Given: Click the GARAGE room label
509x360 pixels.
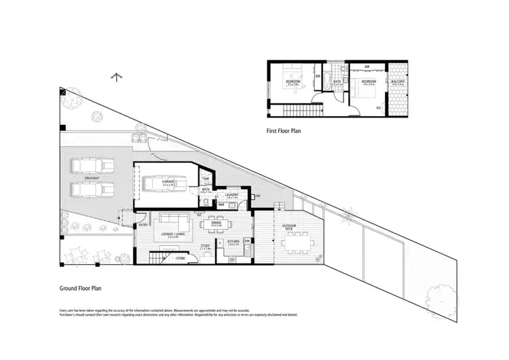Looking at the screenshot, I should pyautogui.click(x=168, y=182).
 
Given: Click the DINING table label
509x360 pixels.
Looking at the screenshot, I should pyautogui.click(x=217, y=222).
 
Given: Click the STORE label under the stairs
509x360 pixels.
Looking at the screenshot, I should pyautogui.click(x=181, y=258).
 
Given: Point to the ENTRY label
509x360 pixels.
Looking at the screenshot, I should pyautogui.click(x=143, y=224).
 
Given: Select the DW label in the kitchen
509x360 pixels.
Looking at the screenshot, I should pyautogui.click(x=248, y=240).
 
